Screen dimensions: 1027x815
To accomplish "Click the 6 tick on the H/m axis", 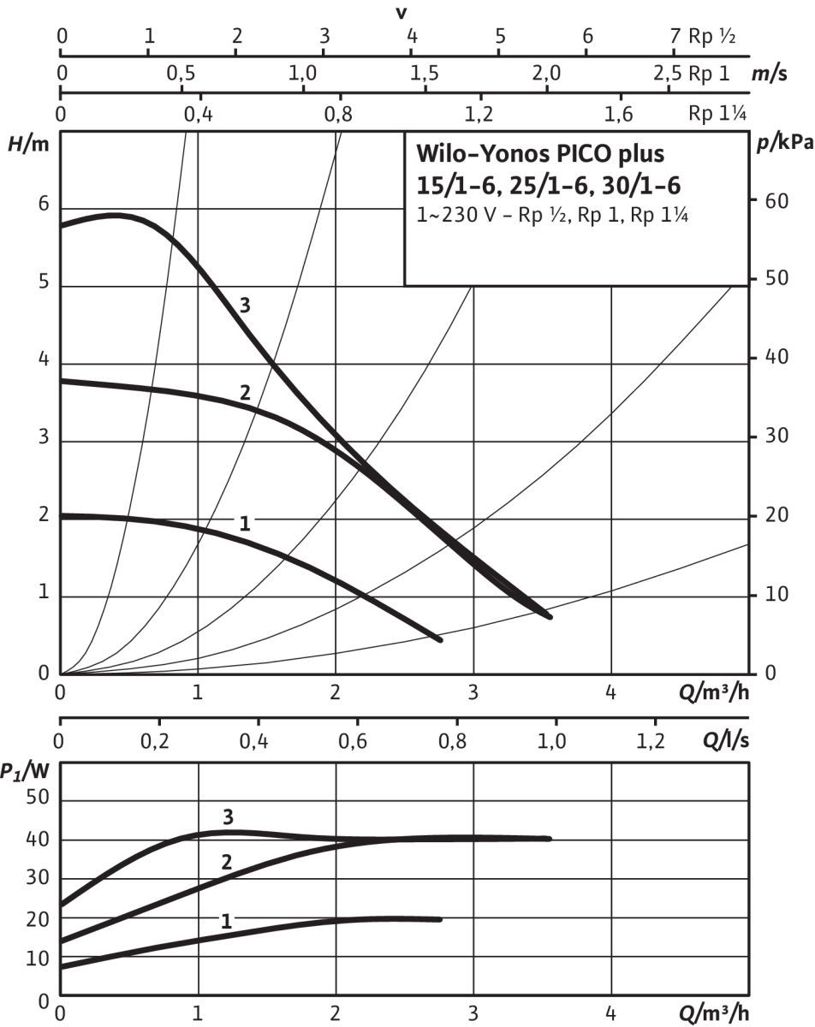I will point(43,207).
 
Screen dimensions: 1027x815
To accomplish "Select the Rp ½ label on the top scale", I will point(711,37).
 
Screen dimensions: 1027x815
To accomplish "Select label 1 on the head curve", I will point(244,523).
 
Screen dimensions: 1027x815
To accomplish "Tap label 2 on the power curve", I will point(227,862).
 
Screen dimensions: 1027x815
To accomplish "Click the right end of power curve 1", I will point(439,919).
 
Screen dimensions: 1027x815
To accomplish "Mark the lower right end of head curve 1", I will point(439,638).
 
